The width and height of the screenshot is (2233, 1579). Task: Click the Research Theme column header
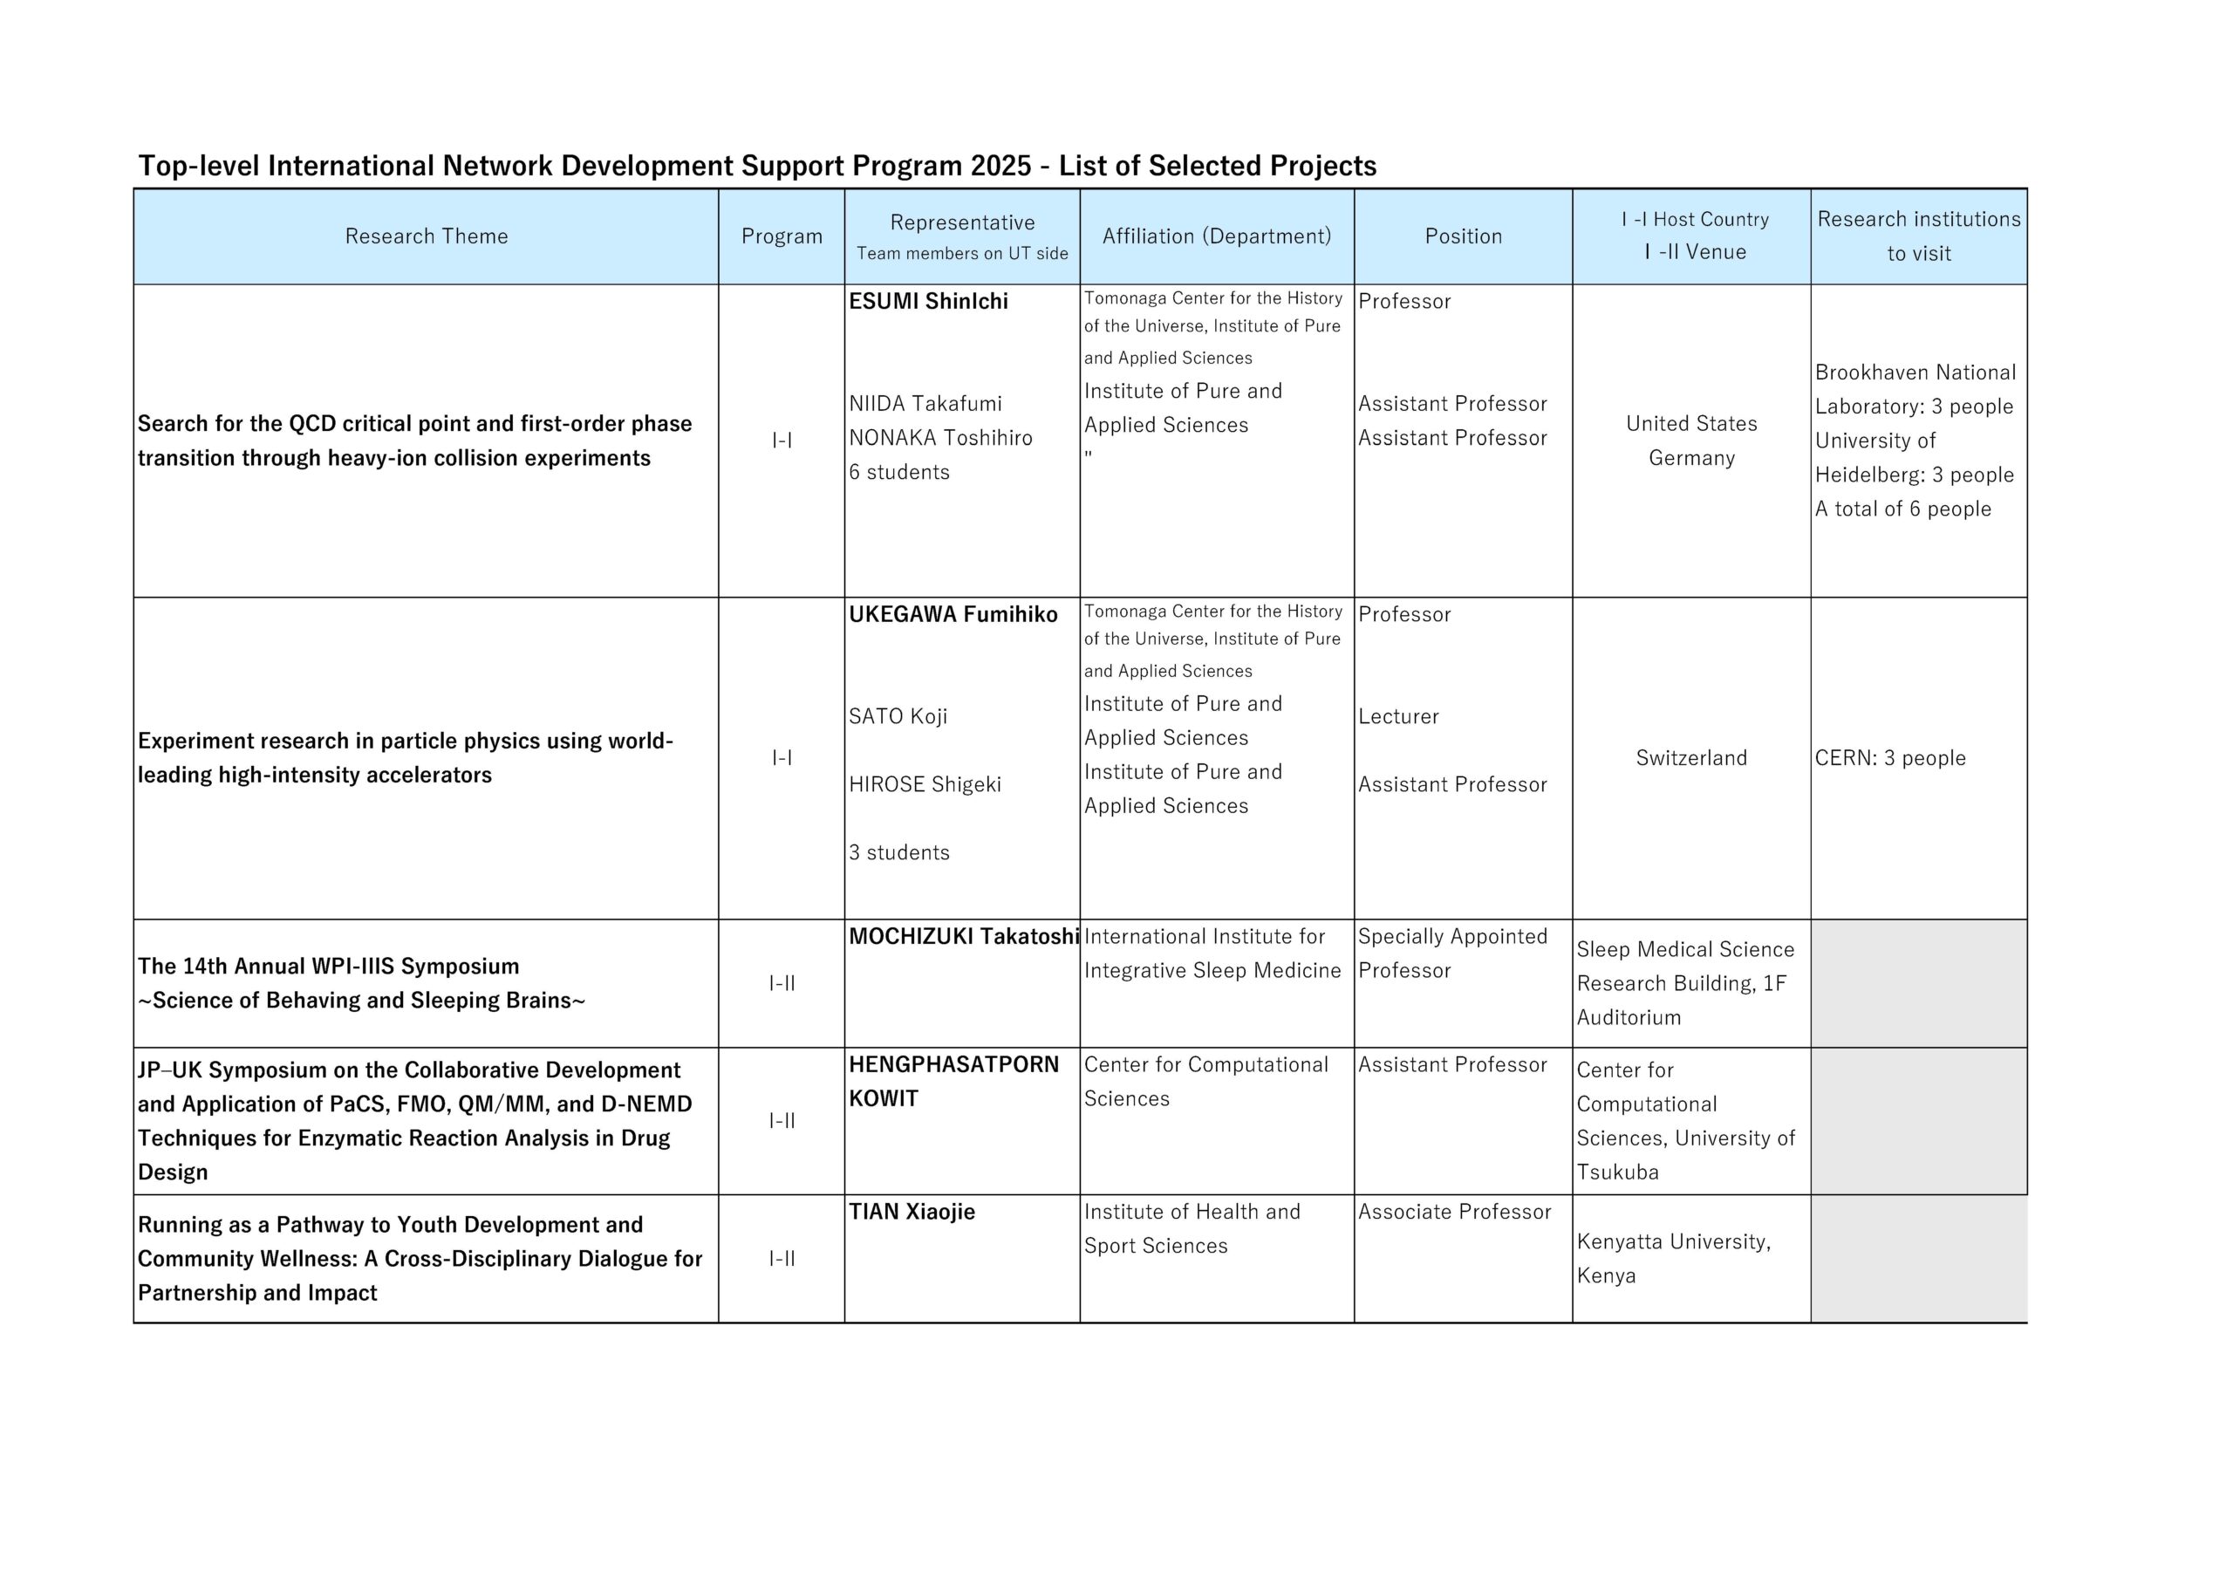[426, 236]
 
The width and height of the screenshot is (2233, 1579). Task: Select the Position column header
[1463, 236]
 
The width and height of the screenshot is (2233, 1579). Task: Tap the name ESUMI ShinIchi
[928, 302]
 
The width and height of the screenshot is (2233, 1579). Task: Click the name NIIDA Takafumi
[925, 404]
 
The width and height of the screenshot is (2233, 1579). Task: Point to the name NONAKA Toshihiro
[940, 438]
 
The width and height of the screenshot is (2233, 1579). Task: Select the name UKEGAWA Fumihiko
[953, 615]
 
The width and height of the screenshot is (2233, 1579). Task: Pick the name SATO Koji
[898, 717]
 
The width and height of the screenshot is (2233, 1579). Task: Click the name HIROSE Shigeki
[925, 785]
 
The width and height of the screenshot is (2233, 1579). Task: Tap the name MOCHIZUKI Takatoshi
[964, 937]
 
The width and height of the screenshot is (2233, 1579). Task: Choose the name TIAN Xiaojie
[912, 1213]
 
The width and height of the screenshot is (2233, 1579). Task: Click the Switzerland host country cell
[1691, 759]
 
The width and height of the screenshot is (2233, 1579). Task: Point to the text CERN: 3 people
[1889, 759]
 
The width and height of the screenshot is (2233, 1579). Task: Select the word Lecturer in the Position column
[1398, 717]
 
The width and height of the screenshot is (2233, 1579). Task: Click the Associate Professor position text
[1454, 1213]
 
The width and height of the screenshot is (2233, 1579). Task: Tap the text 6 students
[898, 473]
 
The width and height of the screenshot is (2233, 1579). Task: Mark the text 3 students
[898, 853]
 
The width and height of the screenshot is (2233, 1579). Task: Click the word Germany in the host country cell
[1691, 458]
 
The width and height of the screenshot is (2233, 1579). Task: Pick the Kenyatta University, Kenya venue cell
[1674, 1259]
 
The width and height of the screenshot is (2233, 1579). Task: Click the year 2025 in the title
[1000, 167]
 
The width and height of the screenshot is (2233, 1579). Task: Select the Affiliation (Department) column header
[1217, 236]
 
